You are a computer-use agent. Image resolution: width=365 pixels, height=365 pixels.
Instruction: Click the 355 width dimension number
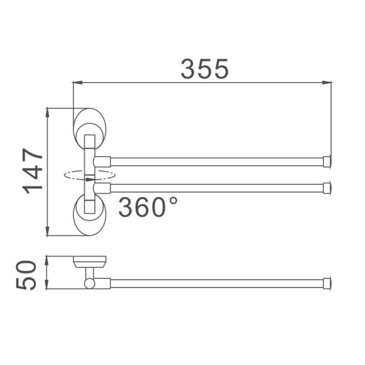pyautogui.click(x=204, y=69)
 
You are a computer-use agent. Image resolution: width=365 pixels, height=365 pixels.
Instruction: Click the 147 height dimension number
pyautogui.click(x=34, y=172)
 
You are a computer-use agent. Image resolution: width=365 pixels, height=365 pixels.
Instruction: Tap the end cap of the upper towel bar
pyautogui.click(x=327, y=161)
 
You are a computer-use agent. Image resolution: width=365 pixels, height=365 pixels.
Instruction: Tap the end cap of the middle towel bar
pyautogui.click(x=327, y=188)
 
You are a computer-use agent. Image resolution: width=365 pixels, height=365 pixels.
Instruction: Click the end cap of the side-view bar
pyautogui.click(x=327, y=283)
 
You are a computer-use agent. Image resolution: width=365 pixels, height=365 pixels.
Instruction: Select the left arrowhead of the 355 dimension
pyautogui.click(x=77, y=83)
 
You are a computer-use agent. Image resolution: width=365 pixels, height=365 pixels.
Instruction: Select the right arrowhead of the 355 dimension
pyautogui.click(x=327, y=83)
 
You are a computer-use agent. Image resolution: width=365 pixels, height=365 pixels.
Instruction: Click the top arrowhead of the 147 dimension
pyautogui.click(x=48, y=112)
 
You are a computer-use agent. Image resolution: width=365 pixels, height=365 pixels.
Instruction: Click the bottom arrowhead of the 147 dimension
pyautogui.click(x=48, y=232)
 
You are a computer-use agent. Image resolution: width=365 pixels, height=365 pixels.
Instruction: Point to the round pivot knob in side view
pyautogui.click(x=89, y=283)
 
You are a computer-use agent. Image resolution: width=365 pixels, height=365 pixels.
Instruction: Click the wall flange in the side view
pyautogui.click(x=90, y=261)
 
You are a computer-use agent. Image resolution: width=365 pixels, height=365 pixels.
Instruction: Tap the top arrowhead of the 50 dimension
pyautogui.click(x=47, y=260)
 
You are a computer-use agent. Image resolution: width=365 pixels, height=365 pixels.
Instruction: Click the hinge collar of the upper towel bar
pyautogui.click(x=103, y=161)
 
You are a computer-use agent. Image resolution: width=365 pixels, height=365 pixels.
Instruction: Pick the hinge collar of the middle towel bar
pyautogui.click(x=103, y=188)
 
